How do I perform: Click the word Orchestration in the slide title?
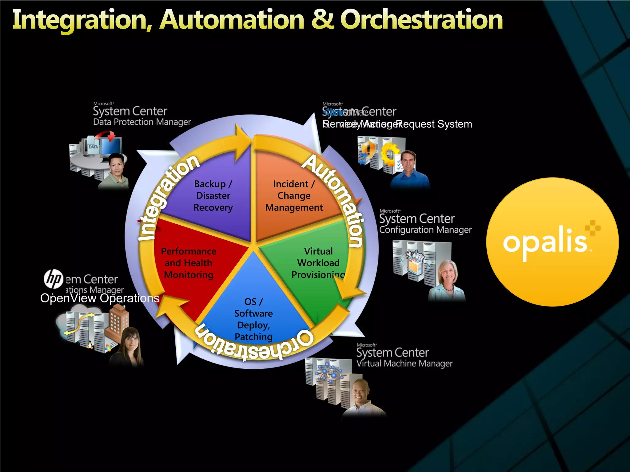(x=421, y=20)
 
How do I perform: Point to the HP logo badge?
(x=54, y=279)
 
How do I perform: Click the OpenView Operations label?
(x=100, y=298)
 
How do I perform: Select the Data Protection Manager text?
(x=142, y=122)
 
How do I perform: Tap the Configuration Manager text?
(x=425, y=230)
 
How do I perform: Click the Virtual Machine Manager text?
(x=404, y=364)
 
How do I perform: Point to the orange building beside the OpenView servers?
(x=118, y=323)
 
